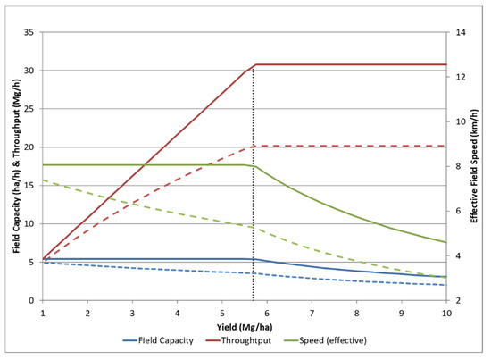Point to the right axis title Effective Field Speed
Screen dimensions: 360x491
[x=474, y=166]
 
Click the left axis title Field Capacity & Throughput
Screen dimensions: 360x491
[x=12, y=166]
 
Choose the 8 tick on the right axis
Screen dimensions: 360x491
[x=462, y=166]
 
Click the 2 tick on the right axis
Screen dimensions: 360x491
[x=462, y=301]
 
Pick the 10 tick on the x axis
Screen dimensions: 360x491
[x=445, y=314]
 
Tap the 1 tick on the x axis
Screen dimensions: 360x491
[x=42, y=314]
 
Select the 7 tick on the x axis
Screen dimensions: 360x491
[x=312, y=314]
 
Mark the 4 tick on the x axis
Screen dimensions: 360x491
[x=177, y=314]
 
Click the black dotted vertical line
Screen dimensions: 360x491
[x=254, y=223]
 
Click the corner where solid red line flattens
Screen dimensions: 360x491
[x=256, y=64]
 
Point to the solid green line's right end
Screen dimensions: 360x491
[x=445, y=242]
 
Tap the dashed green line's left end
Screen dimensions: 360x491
[x=42, y=180]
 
